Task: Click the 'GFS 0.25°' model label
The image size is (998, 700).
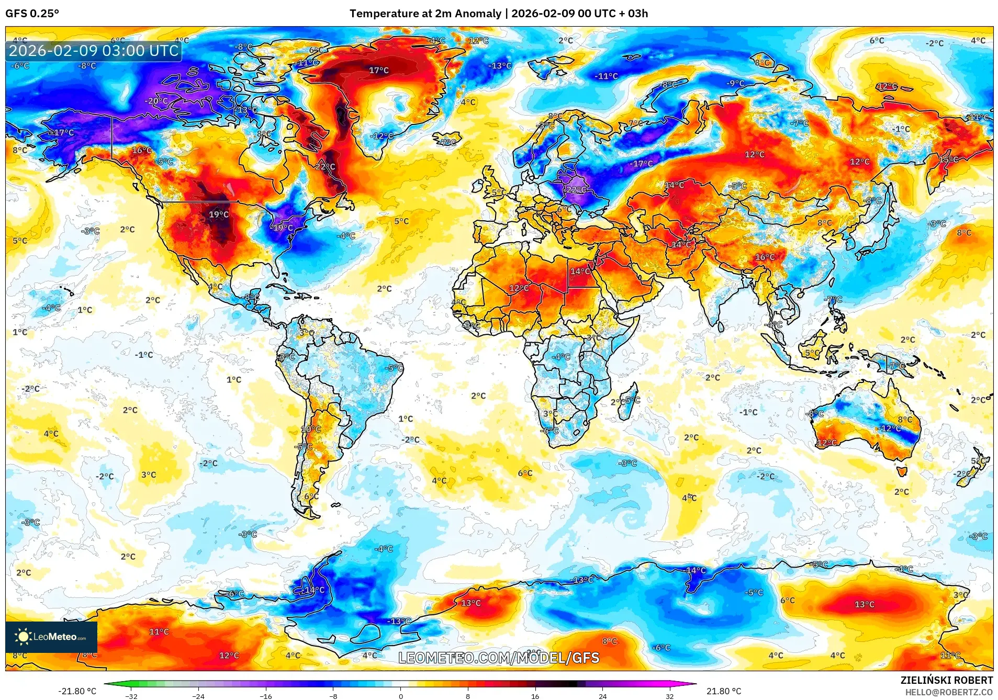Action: click(32, 14)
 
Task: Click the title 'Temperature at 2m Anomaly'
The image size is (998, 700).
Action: click(425, 14)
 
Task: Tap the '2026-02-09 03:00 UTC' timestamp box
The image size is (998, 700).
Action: click(94, 51)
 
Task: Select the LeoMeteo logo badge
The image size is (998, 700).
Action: click(51, 637)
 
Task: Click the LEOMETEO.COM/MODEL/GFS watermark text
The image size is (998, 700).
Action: click(499, 658)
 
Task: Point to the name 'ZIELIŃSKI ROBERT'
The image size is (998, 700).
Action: click(946, 680)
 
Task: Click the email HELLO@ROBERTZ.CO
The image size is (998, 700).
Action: click(949, 692)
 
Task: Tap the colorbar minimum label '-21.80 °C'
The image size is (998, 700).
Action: click(77, 691)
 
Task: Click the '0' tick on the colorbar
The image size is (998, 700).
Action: click(401, 696)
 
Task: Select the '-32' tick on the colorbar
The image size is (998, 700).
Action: click(131, 696)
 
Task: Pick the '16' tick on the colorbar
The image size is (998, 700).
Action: click(535, 696)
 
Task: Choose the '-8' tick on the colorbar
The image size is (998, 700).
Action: click(333, 696)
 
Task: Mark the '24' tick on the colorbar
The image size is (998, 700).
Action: click(602, 696)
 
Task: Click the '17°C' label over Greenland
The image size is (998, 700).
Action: click(379, 70)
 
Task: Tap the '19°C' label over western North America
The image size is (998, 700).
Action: click(219, 214)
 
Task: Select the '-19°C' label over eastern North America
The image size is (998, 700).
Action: click(283, 228)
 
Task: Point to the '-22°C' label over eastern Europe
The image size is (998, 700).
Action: click(576, 190)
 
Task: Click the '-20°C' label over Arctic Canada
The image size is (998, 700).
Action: click(157, 101)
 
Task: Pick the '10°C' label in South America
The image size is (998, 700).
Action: click(311, 429)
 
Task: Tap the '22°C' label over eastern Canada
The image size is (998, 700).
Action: click(325, 166)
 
